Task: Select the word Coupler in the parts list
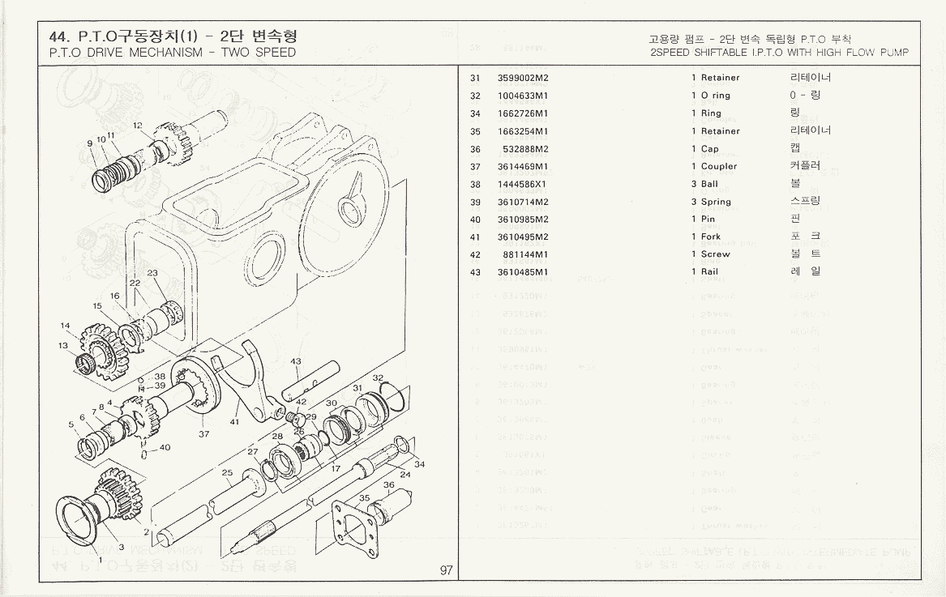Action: pos(719,167)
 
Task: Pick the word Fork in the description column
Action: pos(711,237)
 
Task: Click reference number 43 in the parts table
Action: pos(475,272)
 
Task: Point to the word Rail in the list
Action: pos(710,272)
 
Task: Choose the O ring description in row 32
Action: pos(716,96)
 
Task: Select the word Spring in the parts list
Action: pos(716,202)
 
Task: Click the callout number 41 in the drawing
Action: pos(234,422)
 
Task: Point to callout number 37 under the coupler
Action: pos(204,434)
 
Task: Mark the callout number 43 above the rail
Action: pos(295,361)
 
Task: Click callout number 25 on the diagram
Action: pos(227,472)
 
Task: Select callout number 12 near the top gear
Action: pos(138,126)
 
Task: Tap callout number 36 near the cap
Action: pos(388,485)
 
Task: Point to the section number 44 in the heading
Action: pos(58,37)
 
